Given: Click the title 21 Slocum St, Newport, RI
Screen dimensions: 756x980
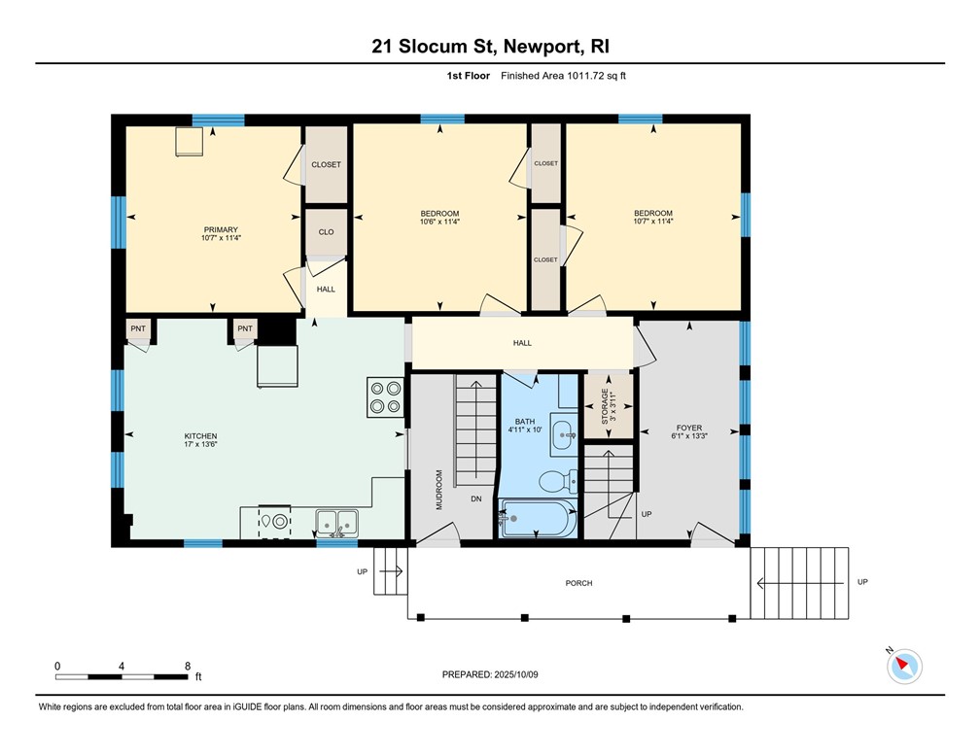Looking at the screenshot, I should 489,46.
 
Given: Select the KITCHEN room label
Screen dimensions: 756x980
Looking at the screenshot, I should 200,436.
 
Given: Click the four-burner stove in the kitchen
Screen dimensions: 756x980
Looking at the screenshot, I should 385,396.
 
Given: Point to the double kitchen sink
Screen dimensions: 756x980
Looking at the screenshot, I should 336,523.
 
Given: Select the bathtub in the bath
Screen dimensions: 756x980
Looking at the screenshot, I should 538,519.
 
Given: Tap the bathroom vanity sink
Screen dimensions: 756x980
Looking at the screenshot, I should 562,436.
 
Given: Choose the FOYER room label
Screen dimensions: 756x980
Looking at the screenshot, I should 689,428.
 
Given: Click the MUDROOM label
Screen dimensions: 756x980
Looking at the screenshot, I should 438,491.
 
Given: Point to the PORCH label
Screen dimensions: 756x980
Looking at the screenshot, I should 578,583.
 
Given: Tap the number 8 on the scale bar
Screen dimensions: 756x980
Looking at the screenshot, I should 187,666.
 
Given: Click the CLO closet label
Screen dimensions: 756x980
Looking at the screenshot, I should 327,232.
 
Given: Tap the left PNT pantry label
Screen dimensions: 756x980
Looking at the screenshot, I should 138,328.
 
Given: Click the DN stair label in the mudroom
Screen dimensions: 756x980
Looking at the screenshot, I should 476,498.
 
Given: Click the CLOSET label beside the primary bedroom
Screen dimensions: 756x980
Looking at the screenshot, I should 327,164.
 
